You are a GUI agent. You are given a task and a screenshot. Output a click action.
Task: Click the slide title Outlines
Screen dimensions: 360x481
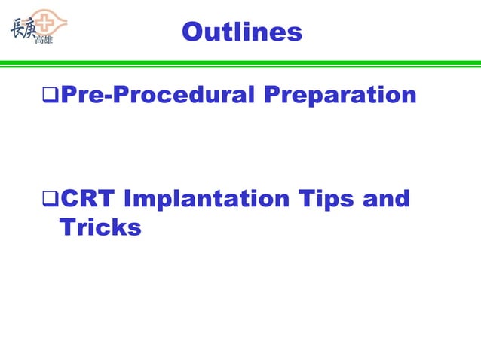241,32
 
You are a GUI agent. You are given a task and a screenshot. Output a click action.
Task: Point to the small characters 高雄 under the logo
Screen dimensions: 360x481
44,40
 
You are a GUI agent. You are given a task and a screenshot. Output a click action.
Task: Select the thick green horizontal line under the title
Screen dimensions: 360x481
240,63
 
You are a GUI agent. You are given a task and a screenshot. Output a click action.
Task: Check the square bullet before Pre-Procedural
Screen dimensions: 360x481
50,96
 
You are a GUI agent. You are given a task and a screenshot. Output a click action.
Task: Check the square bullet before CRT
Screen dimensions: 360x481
50,200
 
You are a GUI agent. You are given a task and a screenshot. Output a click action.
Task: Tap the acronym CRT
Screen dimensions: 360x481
87,200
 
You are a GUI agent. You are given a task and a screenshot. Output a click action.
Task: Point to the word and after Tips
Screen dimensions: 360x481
387,200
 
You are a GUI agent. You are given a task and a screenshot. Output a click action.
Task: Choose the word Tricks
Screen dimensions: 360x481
100,227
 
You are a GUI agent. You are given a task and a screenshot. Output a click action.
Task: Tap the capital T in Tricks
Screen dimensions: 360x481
66,227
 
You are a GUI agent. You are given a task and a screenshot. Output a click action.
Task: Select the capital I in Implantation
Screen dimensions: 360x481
127,200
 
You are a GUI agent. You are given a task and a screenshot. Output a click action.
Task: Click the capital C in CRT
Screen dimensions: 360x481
69,200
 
